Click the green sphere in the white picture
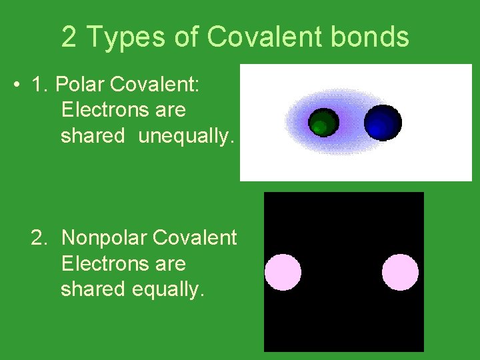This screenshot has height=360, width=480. pos(323,123)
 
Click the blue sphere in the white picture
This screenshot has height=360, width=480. pos(383,122)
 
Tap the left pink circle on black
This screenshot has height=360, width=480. pos(283,272)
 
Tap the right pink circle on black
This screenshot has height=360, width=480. pos(400,272)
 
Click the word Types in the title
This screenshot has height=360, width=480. pos(123,37)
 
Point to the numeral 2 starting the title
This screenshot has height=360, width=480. pos(69,37)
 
